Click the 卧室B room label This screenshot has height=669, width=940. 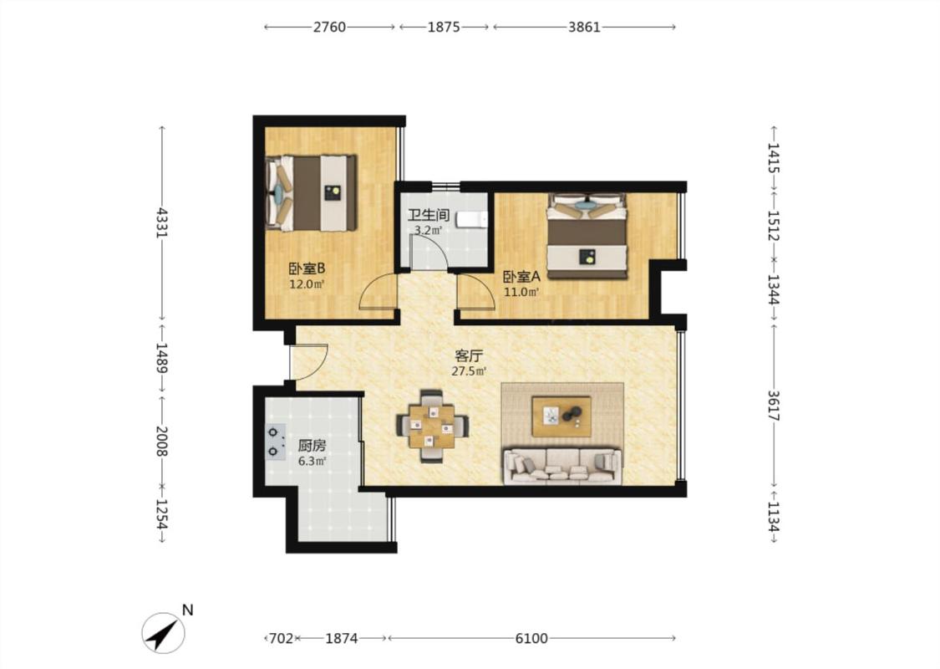307,268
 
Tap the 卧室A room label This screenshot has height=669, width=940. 521,277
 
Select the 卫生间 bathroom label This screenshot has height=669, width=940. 429,215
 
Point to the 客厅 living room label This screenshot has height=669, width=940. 469,355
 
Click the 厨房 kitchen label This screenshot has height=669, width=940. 312,446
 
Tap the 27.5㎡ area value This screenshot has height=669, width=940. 469,370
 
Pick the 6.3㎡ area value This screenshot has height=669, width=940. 312,461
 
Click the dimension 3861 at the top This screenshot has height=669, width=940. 584,27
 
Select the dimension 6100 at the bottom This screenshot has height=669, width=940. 531,638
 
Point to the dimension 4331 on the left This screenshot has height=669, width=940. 161,222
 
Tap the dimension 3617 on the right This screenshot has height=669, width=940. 774,406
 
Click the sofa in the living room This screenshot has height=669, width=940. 562,465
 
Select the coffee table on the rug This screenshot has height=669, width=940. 561,416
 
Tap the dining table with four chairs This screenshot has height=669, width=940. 432,426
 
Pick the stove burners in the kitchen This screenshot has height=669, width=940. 275,442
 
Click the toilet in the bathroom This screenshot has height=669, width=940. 472,220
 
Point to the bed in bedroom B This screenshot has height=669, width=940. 312,192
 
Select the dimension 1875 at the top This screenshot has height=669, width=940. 444,27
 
